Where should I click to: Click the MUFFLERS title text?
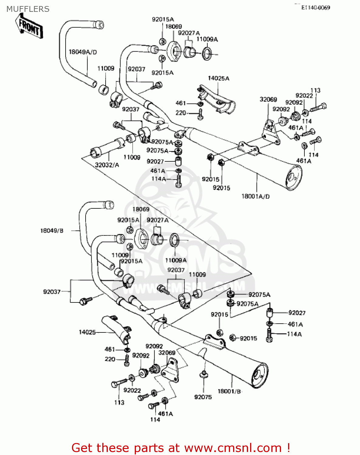coord(28,9)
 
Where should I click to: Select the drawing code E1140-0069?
coord(315,8)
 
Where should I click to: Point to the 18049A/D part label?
coord(83,52)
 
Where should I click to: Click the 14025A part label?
coord(218,78)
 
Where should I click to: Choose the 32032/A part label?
coord(107,165)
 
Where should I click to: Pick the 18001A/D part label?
coord(255,196)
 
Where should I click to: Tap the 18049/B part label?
coord(52,231)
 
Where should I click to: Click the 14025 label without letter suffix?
coord(87,332)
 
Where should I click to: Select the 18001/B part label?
coord(229,391)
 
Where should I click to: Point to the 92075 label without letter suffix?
coord(203,397)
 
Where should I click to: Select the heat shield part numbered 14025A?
coord(217,97)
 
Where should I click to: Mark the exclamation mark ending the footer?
coord(288,448)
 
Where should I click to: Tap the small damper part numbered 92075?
coord(204,375)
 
